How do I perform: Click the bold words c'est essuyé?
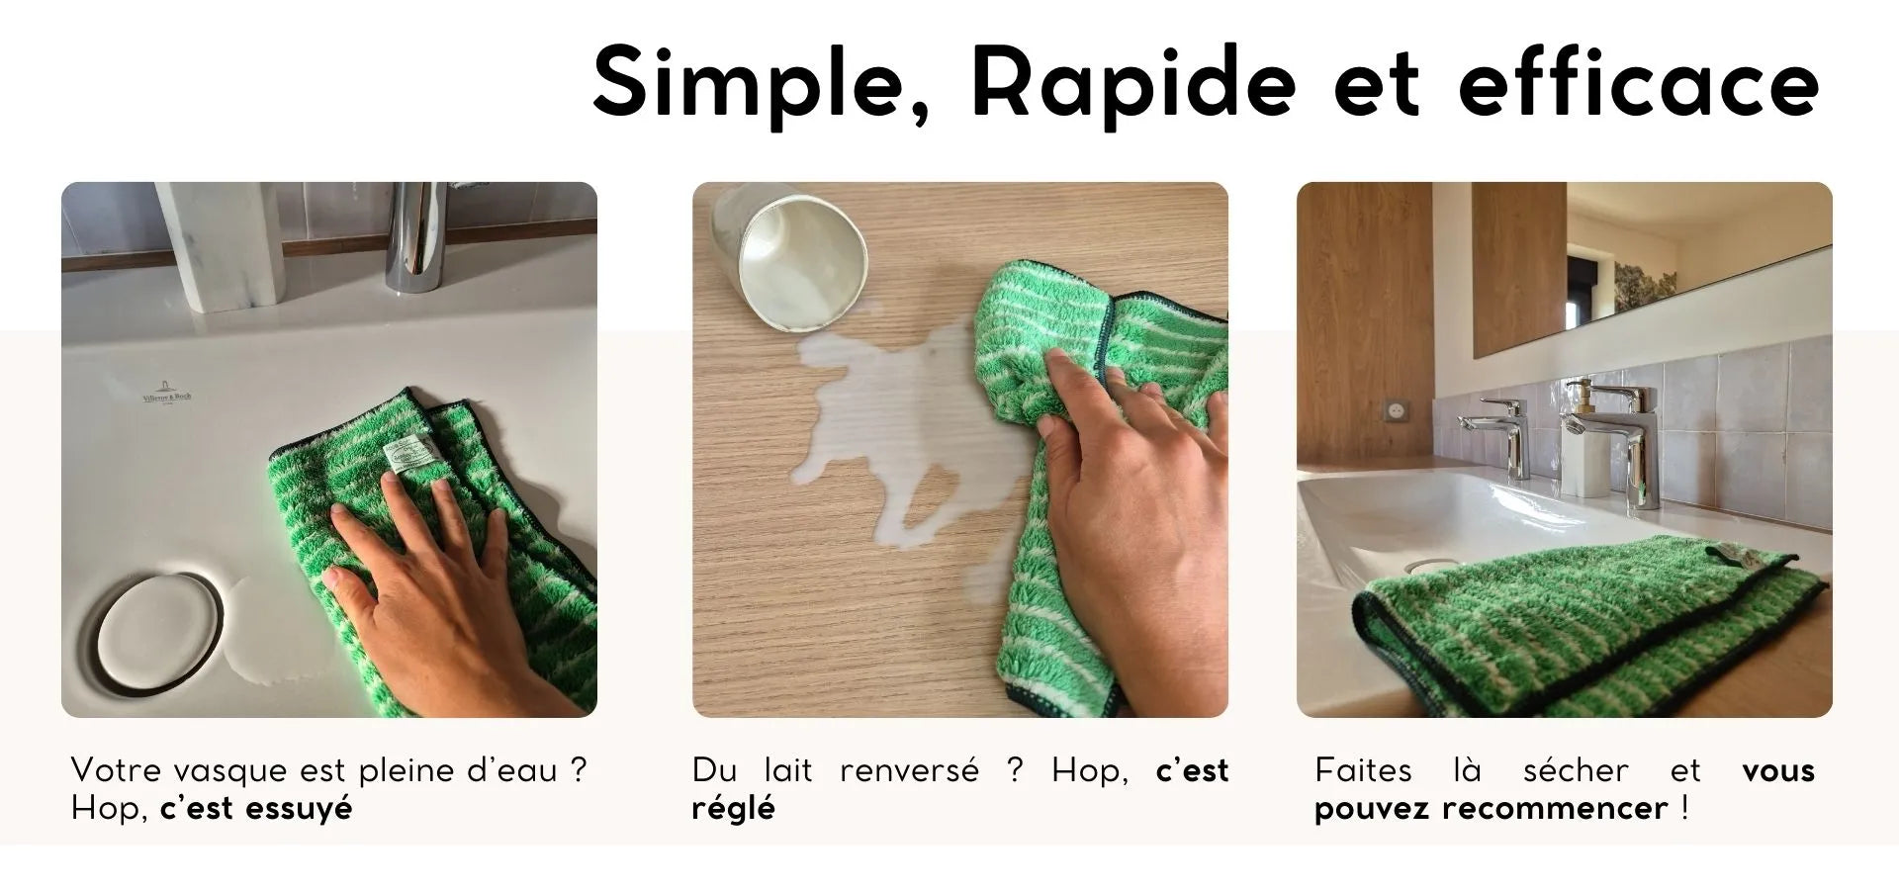[x=255, y=809]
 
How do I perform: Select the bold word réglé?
[x=733, y=809]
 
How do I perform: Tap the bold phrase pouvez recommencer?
[x=1491, y=809]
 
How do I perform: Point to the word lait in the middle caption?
[x=788, y=770]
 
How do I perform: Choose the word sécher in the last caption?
[x=1576, y=770]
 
